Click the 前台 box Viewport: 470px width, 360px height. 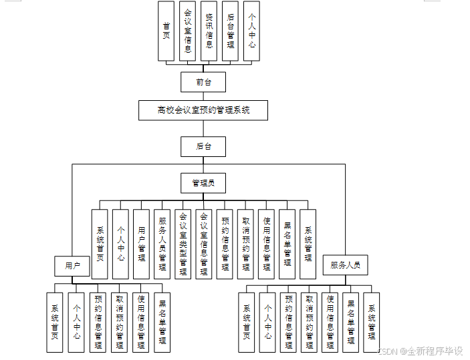pos(203,82)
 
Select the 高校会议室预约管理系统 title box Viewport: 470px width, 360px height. pos(203,110)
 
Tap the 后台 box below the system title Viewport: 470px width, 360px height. pos(203,146)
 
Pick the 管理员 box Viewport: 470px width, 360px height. pos(203,183)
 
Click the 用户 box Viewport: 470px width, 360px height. pos(72,266)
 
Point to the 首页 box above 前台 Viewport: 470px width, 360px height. pos(166,31)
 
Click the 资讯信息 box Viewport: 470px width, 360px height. pos(209,31)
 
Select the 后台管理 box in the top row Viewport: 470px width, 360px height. pos(231,31)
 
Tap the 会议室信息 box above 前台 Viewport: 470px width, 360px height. pos(188,31)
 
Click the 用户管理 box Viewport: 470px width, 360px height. pos(141,244)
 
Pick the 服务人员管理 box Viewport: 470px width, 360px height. pos(162,244)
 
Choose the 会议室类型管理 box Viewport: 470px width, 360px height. pos(183,244)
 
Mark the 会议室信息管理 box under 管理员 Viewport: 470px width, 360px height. pos(204,244)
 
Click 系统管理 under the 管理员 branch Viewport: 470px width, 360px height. pos(308,244)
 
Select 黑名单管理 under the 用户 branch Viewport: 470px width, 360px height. pos(162,322)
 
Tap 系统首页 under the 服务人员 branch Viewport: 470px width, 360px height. pos(247,322)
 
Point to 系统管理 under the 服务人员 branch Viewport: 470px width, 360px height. pos(371,322)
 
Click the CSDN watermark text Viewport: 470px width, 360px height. pos(421,351)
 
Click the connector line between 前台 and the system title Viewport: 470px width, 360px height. pos(203,96)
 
